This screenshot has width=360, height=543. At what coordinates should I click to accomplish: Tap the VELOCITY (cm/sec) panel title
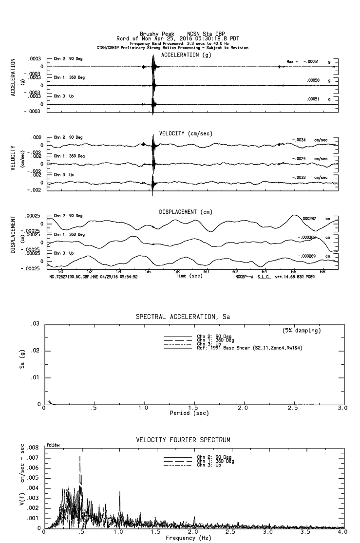coord(186,133)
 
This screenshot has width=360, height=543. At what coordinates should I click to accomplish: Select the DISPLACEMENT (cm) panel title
coord(185,212)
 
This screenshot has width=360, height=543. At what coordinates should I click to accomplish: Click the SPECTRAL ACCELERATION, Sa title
coord(183,317)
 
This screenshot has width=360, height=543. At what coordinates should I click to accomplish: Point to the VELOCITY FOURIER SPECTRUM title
coord(183,440)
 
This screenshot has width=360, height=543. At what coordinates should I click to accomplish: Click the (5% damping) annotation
coord(302,331)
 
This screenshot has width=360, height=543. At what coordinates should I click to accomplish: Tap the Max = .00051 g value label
coord(309,62)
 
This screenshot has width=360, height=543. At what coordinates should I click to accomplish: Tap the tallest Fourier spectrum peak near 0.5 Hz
coord(80,457)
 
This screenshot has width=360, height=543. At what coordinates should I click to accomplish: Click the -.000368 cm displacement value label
coord(307,238)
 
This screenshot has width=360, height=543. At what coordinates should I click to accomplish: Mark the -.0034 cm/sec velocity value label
coord(299,140)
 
